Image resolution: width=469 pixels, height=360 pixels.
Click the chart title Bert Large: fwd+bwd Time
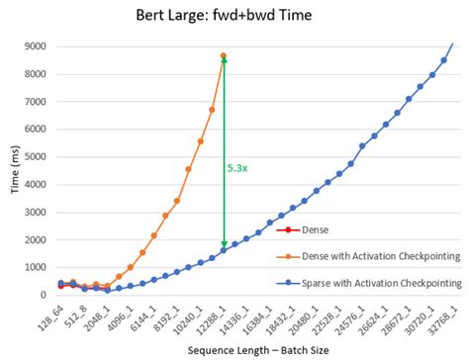(234, 17)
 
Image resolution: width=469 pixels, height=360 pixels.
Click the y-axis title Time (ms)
(15, 169)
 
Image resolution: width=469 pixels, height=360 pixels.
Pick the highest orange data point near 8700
(224, 55)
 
